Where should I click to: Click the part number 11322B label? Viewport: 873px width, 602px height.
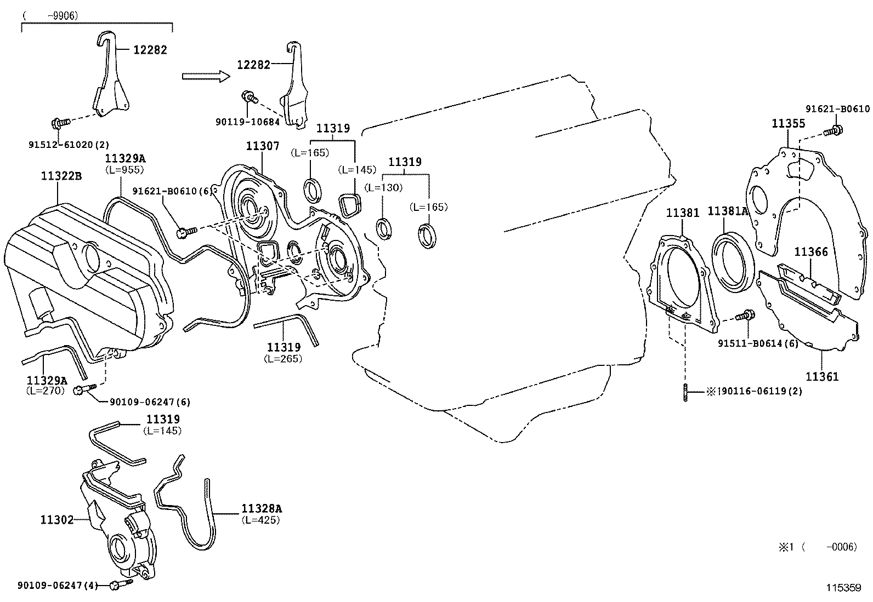(61, 176)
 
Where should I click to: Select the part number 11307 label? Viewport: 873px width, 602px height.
(262, 146)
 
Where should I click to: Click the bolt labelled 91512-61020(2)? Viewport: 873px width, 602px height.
(60, 123)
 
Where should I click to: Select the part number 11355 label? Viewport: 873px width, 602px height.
(788, 124)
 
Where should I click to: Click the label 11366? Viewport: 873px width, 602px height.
(810, 252)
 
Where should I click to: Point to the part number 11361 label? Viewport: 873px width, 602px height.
(821, 377)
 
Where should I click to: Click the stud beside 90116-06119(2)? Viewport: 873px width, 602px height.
(685, 392)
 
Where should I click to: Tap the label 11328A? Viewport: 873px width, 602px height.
(261, 509)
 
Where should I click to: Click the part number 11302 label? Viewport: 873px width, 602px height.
(56, 519)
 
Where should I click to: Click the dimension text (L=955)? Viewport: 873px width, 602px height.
(124, 170)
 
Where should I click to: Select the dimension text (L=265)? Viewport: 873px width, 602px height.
(283, 359)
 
